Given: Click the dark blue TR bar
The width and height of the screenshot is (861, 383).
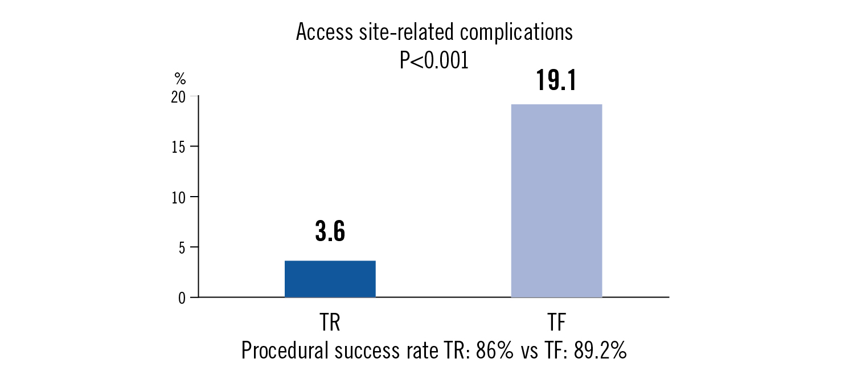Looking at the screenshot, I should [x=330, y=279].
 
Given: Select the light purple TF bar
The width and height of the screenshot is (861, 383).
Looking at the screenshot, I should [x=556, y=201].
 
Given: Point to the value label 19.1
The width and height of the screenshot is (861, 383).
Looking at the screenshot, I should [x=556, y=81].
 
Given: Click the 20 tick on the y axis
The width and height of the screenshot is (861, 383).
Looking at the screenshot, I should [x=178, y=97].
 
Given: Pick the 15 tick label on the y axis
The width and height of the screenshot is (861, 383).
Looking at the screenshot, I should [x=178, y=146].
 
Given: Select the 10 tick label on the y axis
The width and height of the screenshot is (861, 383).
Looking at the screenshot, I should [x=178, y=197].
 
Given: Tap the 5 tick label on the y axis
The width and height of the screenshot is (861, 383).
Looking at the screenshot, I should [x=182, y=247].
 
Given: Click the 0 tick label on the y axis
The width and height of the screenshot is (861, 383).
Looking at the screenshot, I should [x=182, y=298].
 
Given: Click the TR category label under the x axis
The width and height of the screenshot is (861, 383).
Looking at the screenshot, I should [x=330, y=324].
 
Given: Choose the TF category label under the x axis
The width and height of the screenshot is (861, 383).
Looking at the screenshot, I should [x=556, y=324].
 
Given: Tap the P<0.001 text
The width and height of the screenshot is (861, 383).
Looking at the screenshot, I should [x=434, y=60].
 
